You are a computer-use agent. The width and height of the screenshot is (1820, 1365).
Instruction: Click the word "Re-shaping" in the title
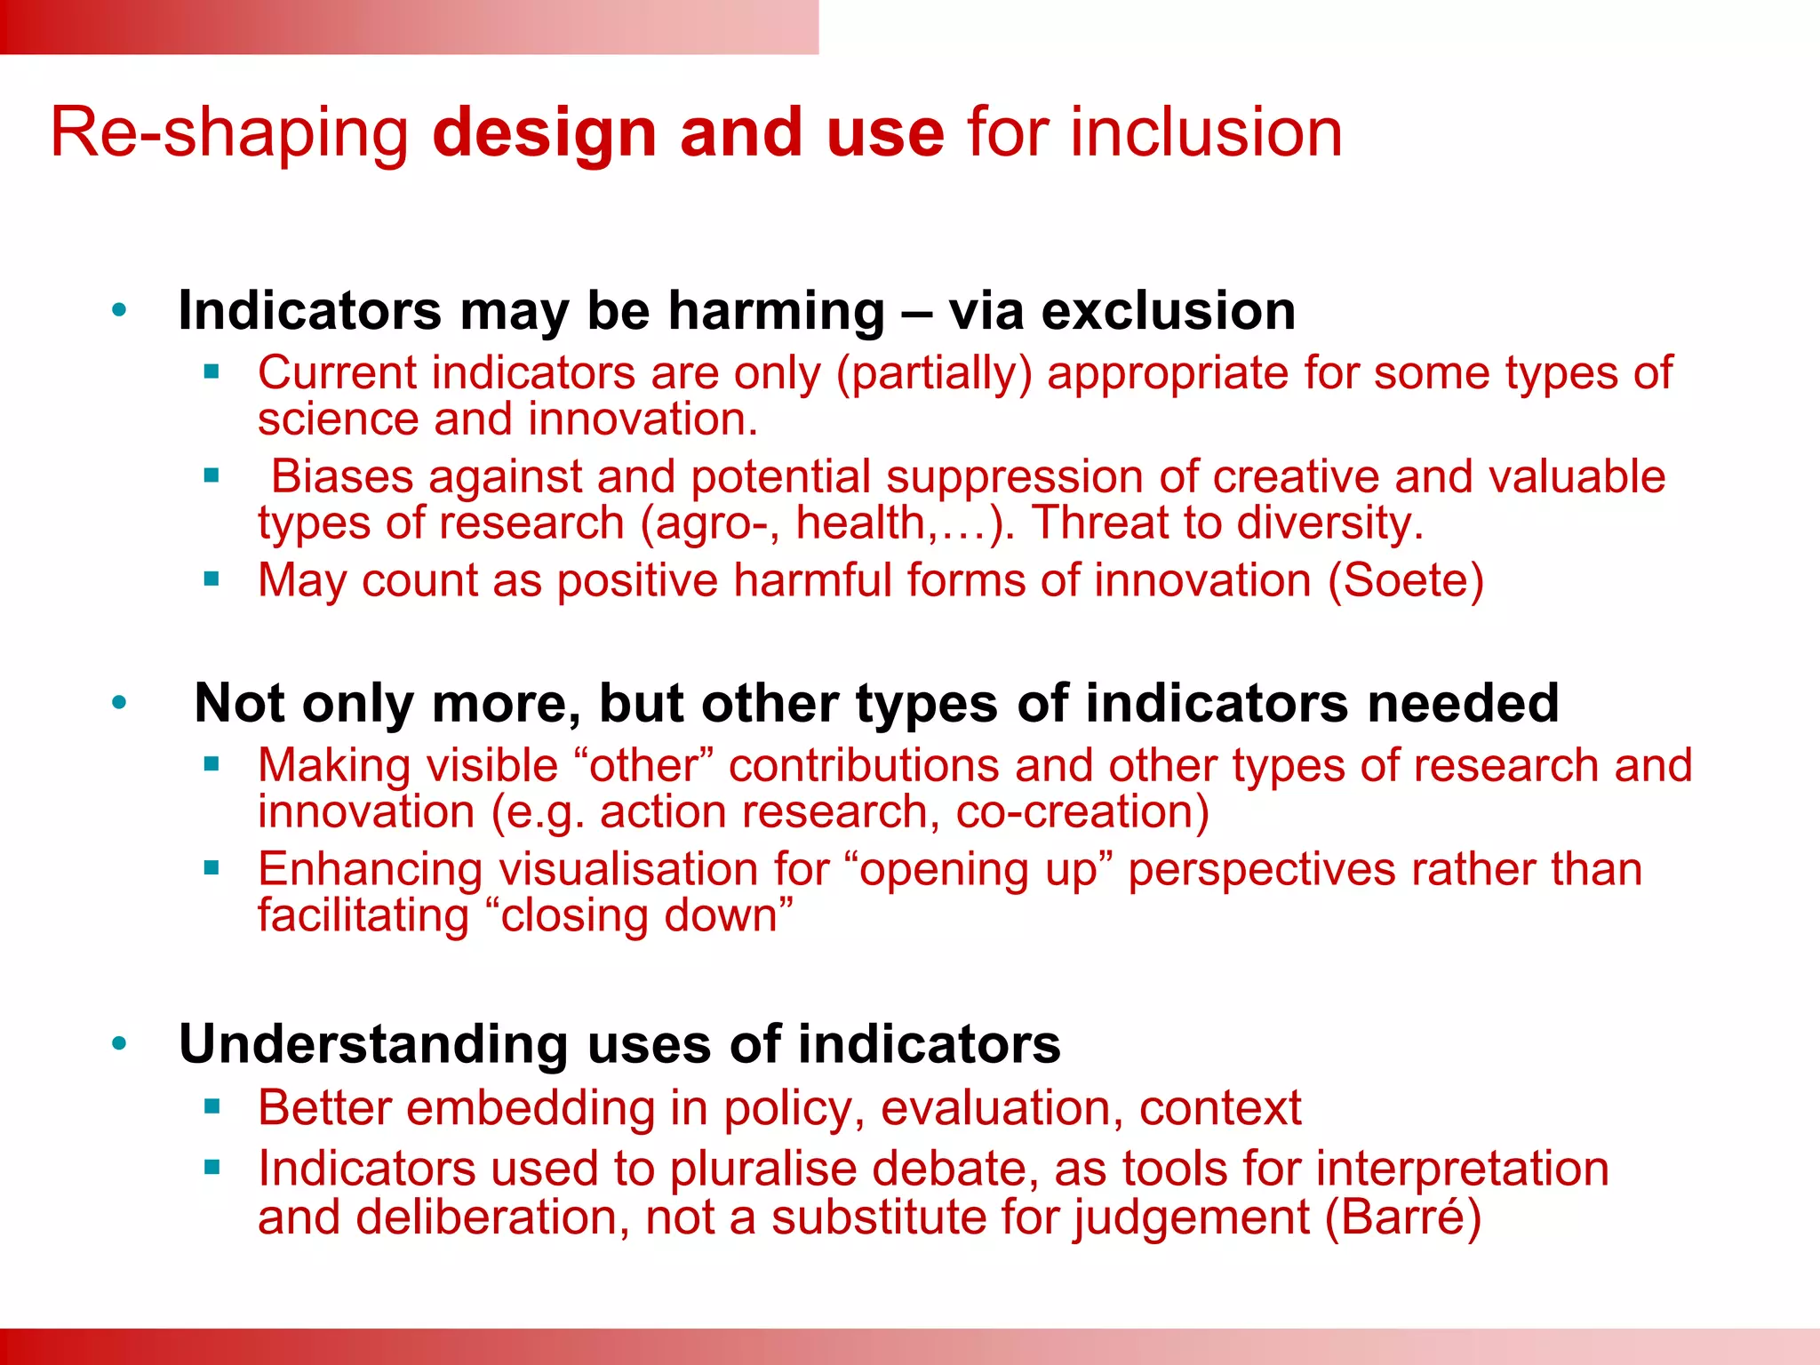(x=229, y=133)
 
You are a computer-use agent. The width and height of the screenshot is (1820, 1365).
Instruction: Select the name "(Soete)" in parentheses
(x=1406, y=580)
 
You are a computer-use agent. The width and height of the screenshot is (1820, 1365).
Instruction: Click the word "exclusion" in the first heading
(x=1168, y=311)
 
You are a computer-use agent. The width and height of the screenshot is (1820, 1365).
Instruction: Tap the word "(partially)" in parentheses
(x=934, y=373)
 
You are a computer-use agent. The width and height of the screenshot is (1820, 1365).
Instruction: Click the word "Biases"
(x=342, y=476)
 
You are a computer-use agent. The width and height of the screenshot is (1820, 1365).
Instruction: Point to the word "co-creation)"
(x=1082, y=812)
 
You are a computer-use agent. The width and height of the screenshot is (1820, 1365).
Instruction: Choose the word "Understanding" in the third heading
(x=373, y=1043)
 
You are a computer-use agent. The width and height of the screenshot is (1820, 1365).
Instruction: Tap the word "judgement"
(x=1191, y=1217)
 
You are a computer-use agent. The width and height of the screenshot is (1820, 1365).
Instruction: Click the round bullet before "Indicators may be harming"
(x=120, y=311)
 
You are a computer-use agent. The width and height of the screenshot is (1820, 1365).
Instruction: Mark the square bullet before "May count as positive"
(x=212, y=579)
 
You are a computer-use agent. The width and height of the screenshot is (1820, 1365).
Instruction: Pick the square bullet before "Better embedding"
(x=212, y=1106)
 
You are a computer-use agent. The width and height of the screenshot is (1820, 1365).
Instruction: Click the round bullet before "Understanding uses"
(x=120, y=1043)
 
